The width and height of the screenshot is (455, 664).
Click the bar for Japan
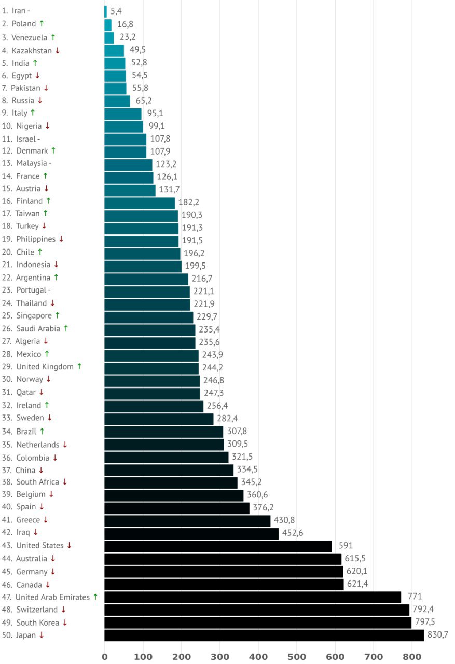point(264,635)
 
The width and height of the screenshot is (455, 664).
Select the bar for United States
point(218,546)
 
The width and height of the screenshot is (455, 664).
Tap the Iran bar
point(106,11)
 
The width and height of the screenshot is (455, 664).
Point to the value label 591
point(343,546)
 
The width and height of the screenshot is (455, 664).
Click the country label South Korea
point(37,622)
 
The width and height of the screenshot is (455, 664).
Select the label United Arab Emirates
point(52,597)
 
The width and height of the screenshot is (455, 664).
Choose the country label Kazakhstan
point(32,50)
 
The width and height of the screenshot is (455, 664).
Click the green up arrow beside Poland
point(42,23)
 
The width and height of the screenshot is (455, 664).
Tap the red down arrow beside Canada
point(48,584)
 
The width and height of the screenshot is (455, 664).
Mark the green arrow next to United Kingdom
point(79,366)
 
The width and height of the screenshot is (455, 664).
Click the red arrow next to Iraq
point(36,532)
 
